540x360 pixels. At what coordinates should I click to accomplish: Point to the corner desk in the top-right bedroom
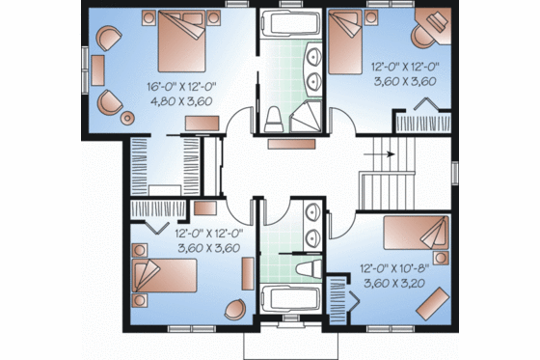click(426, 31)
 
